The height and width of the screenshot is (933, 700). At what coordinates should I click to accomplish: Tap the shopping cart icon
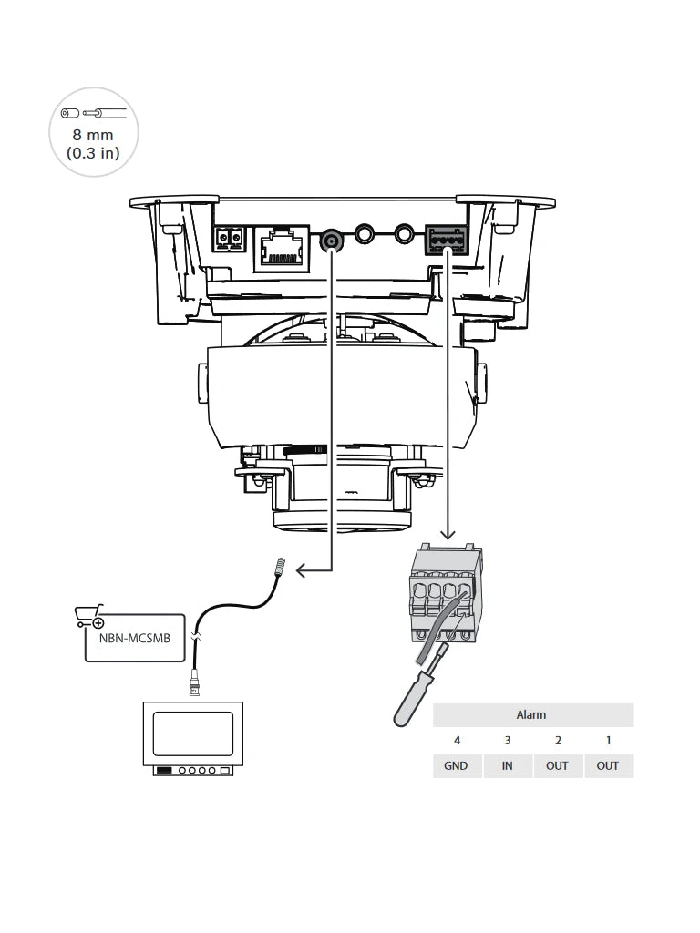(89, 617)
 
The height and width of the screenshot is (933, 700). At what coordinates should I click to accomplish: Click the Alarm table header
(531, 715)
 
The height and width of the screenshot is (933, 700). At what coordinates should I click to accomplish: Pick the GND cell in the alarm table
(456, 765)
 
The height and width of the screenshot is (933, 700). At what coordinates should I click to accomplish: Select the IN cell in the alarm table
(507, 765)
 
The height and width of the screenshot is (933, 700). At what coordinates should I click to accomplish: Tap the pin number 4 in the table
(457, 741)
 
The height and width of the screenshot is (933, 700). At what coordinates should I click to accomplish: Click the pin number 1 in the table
(608, 741)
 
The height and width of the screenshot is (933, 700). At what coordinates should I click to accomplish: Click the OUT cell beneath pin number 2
(557, 765)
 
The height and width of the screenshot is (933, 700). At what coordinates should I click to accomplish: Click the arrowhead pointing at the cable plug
(303, 571)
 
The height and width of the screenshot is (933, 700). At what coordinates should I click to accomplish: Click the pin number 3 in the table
(507, 741)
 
